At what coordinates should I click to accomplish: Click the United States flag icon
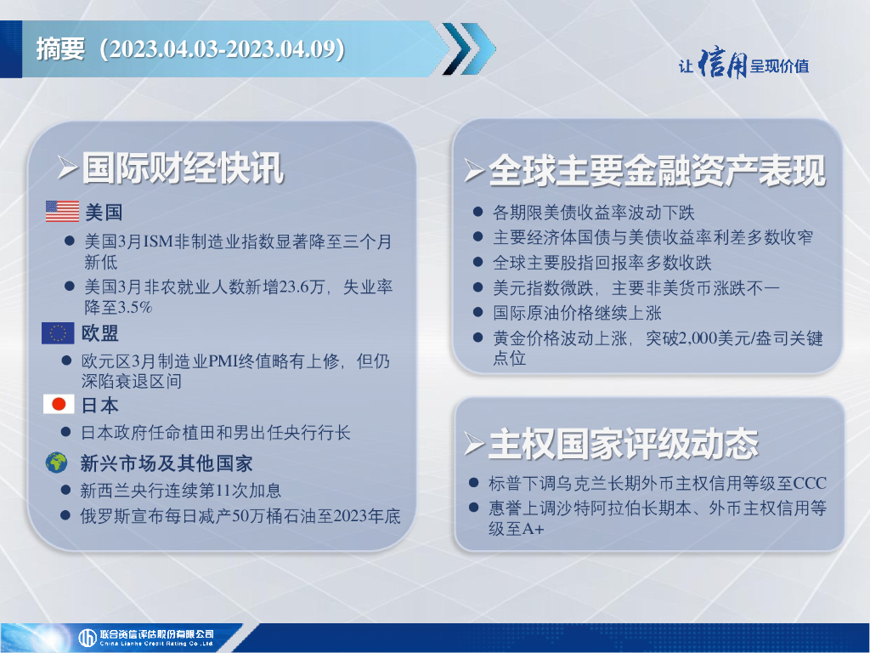click(x=62, y=212)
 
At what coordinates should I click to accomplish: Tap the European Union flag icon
click(x=58, y=333)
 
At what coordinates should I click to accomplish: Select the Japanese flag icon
click(x=59, y=404)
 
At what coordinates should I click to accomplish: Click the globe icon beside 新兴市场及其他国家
click(x=57, y=463)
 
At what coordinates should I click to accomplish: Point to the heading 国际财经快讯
click(x=184, y=168)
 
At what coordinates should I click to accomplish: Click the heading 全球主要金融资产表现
click(x=657, y=170)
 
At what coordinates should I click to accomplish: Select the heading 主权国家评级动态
click(x=623, y=444)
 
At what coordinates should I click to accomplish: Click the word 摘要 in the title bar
click(x=60, y=48)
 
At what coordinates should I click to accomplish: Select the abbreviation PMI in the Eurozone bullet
click(x=223, y=361)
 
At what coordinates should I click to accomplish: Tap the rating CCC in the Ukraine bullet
click(x=810, y=483)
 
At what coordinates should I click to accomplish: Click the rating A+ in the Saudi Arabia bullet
click(x=533, y=529)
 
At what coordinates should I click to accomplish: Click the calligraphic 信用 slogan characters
click(x=722, y=63)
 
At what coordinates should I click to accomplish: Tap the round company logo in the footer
click(x=88, y=638)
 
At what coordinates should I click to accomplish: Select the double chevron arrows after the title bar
click(x=469, y=48)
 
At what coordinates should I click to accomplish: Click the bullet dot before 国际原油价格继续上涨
click(x=477, y=312)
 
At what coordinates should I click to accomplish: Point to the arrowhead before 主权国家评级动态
click(x=474, y=444)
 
